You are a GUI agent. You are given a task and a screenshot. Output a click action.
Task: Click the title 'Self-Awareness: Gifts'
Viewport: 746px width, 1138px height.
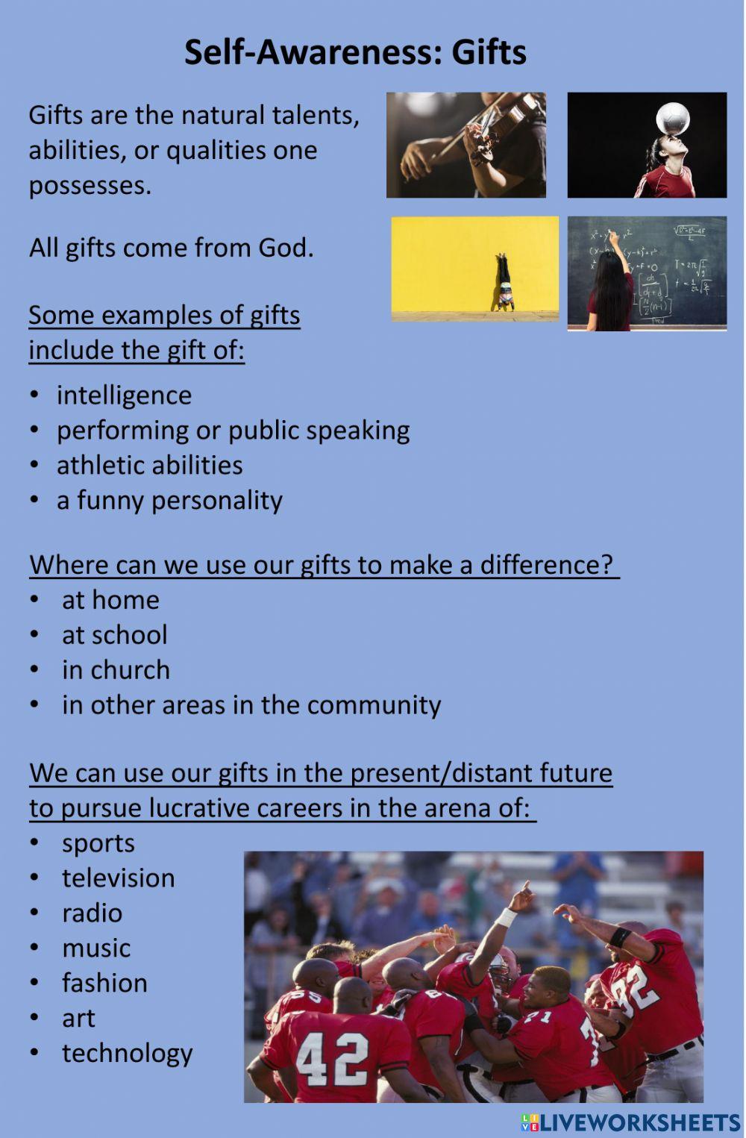[355, 52]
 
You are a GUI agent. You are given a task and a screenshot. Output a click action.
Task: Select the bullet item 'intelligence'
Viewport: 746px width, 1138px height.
[124, 395]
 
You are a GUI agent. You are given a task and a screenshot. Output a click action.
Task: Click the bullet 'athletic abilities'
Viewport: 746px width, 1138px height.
[149, 465]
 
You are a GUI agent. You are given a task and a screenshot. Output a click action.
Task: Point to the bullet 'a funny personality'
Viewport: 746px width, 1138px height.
[169, 500]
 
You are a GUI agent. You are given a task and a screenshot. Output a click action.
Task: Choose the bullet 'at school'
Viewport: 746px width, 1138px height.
[114, 635]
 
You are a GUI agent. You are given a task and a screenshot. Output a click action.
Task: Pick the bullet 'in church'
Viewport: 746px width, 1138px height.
[116, 670]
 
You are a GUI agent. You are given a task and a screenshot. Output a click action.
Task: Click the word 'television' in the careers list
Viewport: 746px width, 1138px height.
[118, 878]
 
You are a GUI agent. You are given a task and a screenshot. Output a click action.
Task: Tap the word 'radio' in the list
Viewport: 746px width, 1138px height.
[92, 913]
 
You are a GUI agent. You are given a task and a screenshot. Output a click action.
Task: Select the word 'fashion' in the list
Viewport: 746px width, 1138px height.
[104, 984]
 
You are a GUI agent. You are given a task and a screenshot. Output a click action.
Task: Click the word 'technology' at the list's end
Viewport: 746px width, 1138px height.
[127, 1054]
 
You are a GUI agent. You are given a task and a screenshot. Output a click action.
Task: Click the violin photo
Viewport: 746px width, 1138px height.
[466, 145]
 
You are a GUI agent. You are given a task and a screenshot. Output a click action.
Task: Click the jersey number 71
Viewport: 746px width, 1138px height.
[537, 1016]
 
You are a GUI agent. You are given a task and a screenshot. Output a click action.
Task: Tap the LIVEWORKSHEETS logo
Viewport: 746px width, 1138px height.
[630, 1123]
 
